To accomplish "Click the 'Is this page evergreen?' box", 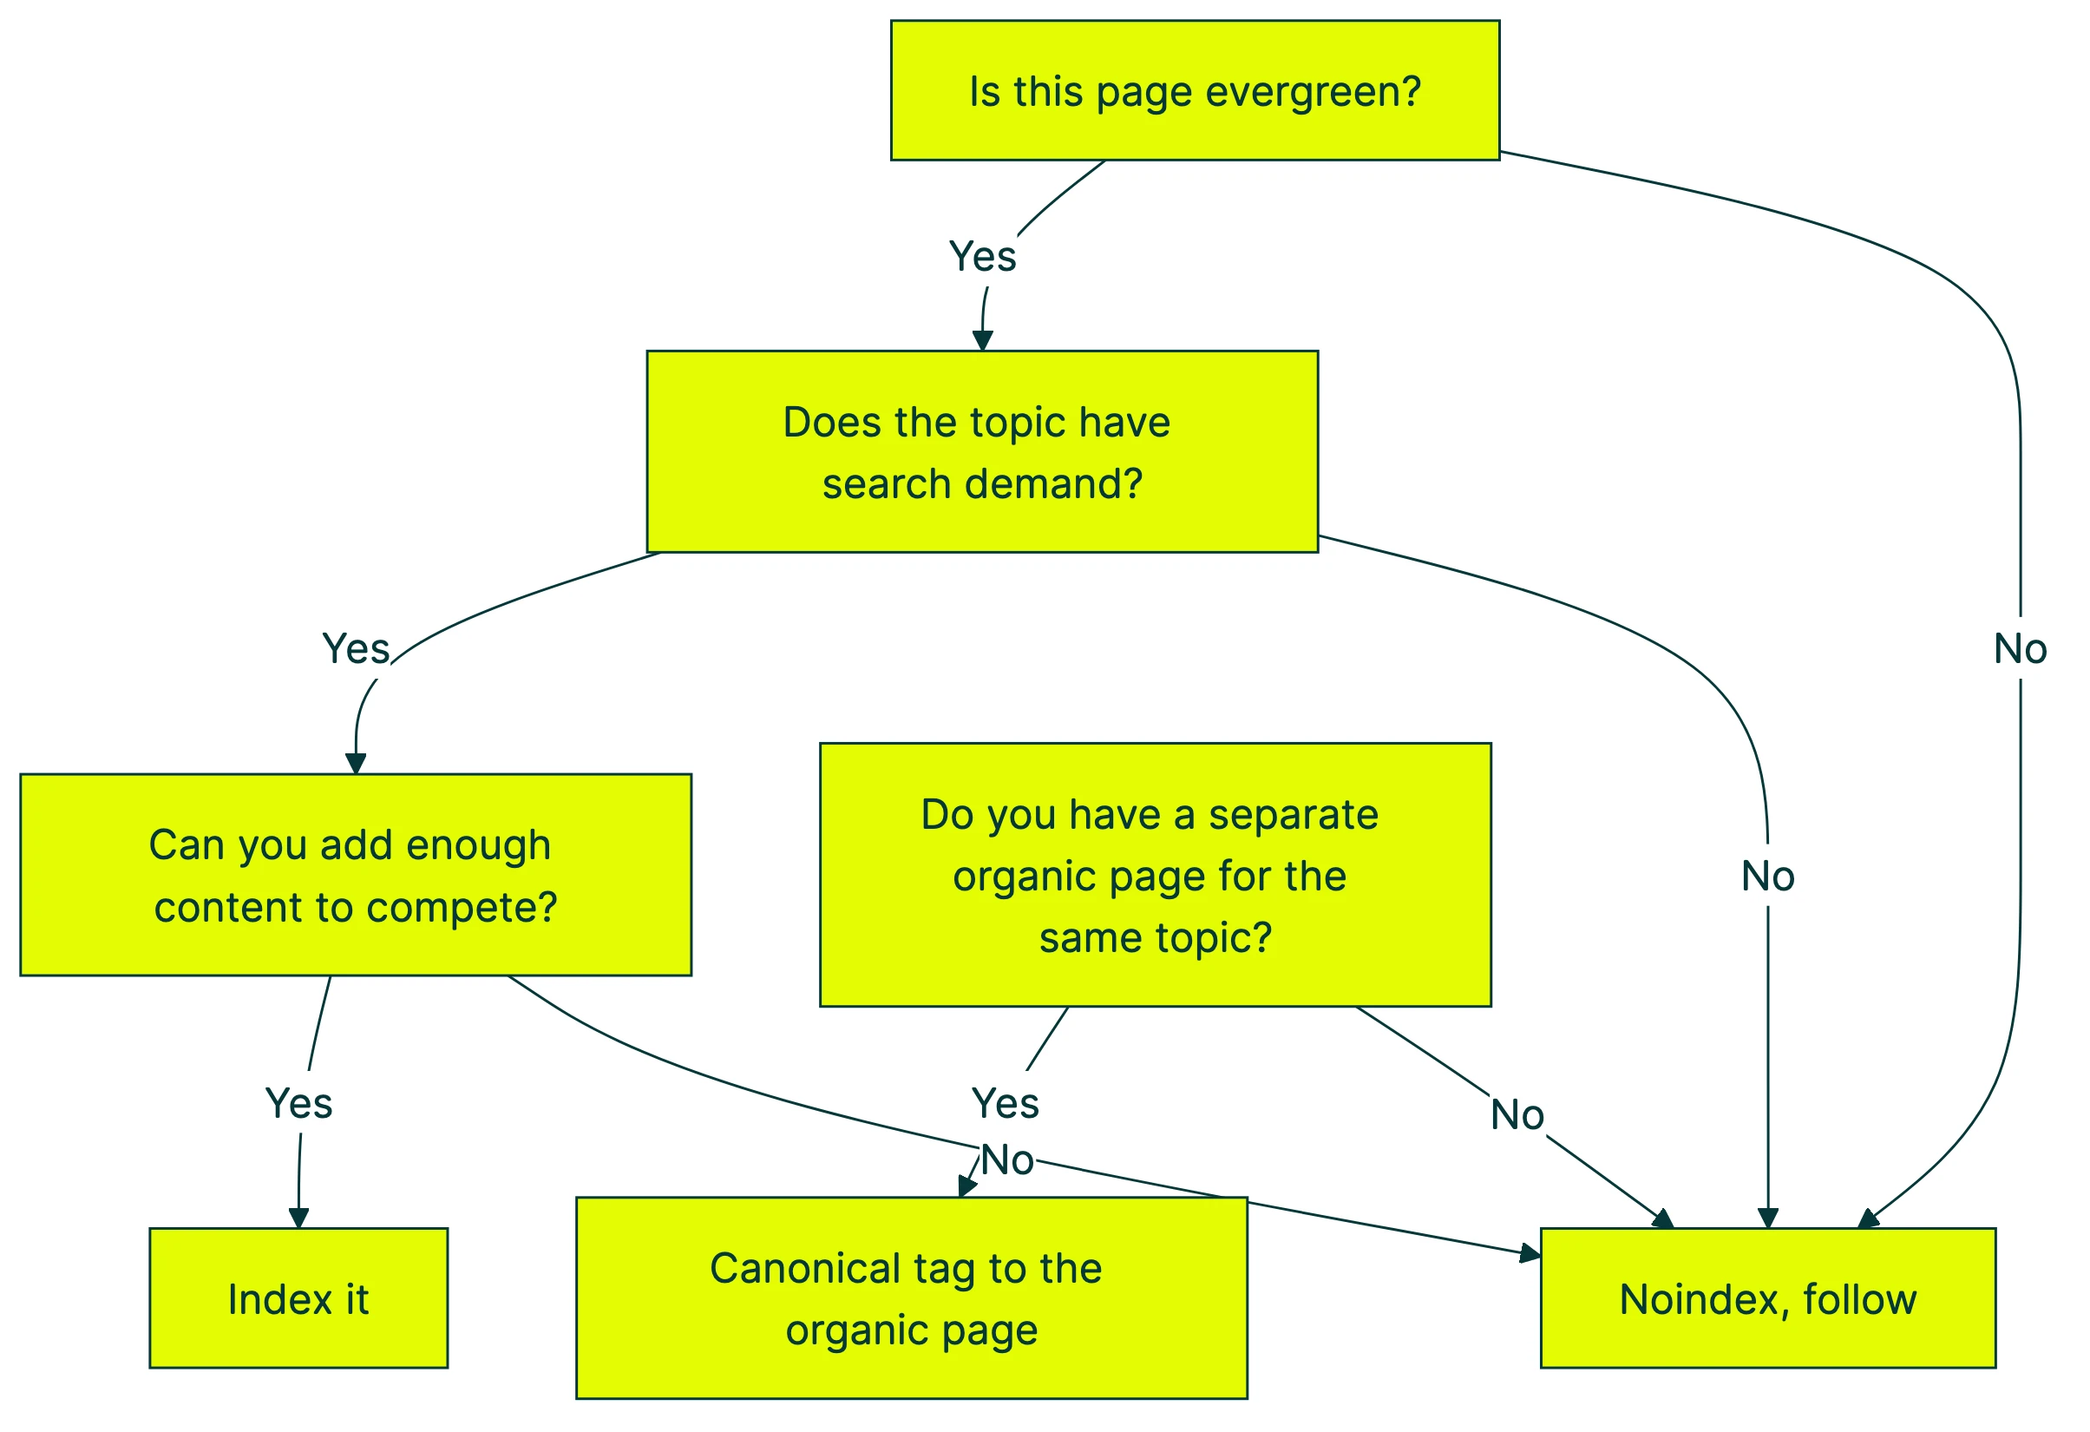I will (x=1195, y=90).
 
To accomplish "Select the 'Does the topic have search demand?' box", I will (x=982, y=451).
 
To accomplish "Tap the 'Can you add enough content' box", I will (x=355, y=875).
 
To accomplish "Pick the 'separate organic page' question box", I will (x=1155, y=875).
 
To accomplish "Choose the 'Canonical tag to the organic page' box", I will (x=911, y=1299).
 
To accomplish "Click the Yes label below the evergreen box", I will (x=982, y=257).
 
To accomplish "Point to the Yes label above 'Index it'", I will (x=298, y=1104).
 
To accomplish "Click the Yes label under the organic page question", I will (x=1005, y=1104).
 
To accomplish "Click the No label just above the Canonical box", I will (x=1006, y=1160).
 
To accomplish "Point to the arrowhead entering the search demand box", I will (x=982, y=341).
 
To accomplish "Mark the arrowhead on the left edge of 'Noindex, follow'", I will (x=1530, y=1253).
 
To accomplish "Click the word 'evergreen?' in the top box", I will (x=1312, y=92).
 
